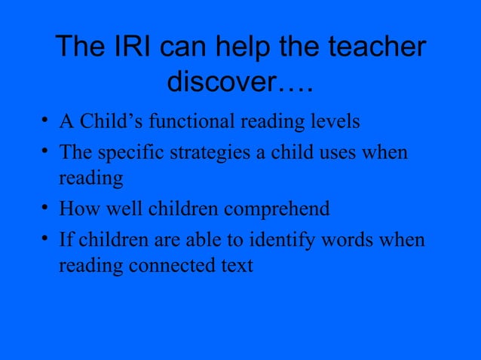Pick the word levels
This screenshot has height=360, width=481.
pos(333,121)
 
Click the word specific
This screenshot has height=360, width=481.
pos(127,152)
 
